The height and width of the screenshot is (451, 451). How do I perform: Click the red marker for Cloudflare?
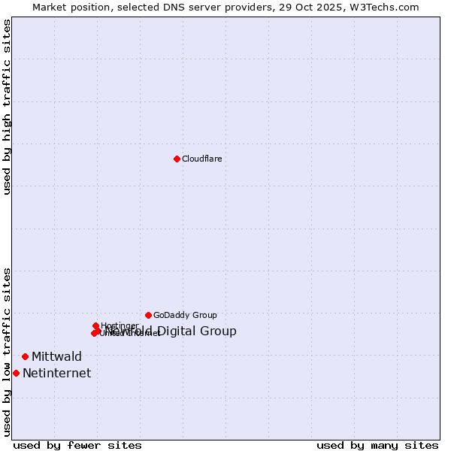(177, 159)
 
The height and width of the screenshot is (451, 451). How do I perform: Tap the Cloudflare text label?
(202, 159)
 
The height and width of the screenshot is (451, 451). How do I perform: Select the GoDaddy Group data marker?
(148, 315)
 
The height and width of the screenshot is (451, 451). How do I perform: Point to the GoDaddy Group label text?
(185, 315)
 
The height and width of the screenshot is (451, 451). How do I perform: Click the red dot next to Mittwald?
(25, 356)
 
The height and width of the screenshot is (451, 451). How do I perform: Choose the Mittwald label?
(56, 356)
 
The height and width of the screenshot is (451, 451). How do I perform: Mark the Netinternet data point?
(16, 373)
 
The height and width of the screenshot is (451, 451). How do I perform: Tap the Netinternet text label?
(56, 373)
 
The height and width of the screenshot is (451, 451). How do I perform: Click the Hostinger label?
(120, 325)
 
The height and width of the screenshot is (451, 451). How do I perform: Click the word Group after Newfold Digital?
(219, 331)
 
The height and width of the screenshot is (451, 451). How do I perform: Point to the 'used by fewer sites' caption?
(77, 445)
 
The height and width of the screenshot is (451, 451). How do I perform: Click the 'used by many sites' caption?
(377, 445)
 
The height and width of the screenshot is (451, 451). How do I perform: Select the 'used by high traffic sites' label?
(7, 106)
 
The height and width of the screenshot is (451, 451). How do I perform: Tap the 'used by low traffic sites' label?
(7, 351)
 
